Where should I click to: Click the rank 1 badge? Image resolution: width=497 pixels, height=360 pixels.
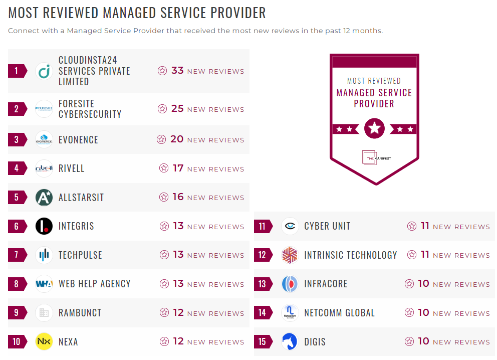point(17,71)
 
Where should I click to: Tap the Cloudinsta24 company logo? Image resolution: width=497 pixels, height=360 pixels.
point(44,71)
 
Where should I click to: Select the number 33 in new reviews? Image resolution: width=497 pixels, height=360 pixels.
point(177,71)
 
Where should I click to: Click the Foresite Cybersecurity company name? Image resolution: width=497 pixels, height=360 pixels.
point(90,109)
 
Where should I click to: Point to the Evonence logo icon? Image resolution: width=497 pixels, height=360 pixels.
point(44,139)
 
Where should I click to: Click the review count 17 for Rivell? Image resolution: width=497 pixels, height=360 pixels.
point(178,168)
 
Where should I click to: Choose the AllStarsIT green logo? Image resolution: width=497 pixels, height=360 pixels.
point(44,197)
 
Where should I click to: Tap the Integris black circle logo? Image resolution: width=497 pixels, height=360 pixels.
point(44,226)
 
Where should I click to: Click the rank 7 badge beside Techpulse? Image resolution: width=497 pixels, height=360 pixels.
point(17,255)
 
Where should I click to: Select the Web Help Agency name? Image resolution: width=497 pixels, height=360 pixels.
point(94,284)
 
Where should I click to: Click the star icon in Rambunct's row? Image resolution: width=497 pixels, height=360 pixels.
point(164,313)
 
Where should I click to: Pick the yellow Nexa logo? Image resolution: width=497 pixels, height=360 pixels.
point(44,341)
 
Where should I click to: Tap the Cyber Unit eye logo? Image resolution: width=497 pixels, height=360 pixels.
point(290,226)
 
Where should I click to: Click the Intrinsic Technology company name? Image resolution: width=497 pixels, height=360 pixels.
point(350,255)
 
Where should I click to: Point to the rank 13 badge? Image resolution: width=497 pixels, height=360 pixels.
point(263,284)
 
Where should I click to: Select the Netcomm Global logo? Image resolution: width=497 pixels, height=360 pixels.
point(290,313)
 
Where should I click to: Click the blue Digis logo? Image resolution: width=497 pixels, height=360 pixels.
point(290,341)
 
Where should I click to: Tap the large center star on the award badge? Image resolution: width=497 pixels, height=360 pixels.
point(374,129)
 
